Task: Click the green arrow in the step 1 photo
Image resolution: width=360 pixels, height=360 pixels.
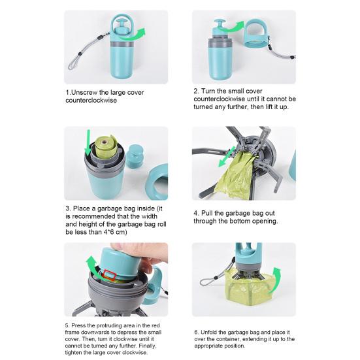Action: pos(135,35)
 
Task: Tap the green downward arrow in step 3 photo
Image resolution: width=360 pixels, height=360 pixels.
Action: pos(88,142)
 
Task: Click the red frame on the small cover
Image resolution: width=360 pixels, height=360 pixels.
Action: pos(109,275)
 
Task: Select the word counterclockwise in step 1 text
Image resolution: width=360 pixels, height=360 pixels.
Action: pos(91,101)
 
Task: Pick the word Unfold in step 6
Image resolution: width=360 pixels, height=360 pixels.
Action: pos(207,332)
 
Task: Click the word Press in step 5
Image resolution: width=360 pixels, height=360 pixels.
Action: pos(76,325)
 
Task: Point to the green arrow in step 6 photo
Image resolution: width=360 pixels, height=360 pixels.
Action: pos(274,280)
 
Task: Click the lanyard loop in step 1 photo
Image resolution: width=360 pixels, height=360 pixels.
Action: pos(75,61)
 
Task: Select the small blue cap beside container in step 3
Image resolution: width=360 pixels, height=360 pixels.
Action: pos(135,156)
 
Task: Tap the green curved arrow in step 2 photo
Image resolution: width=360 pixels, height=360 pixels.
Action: pos(232,26)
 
